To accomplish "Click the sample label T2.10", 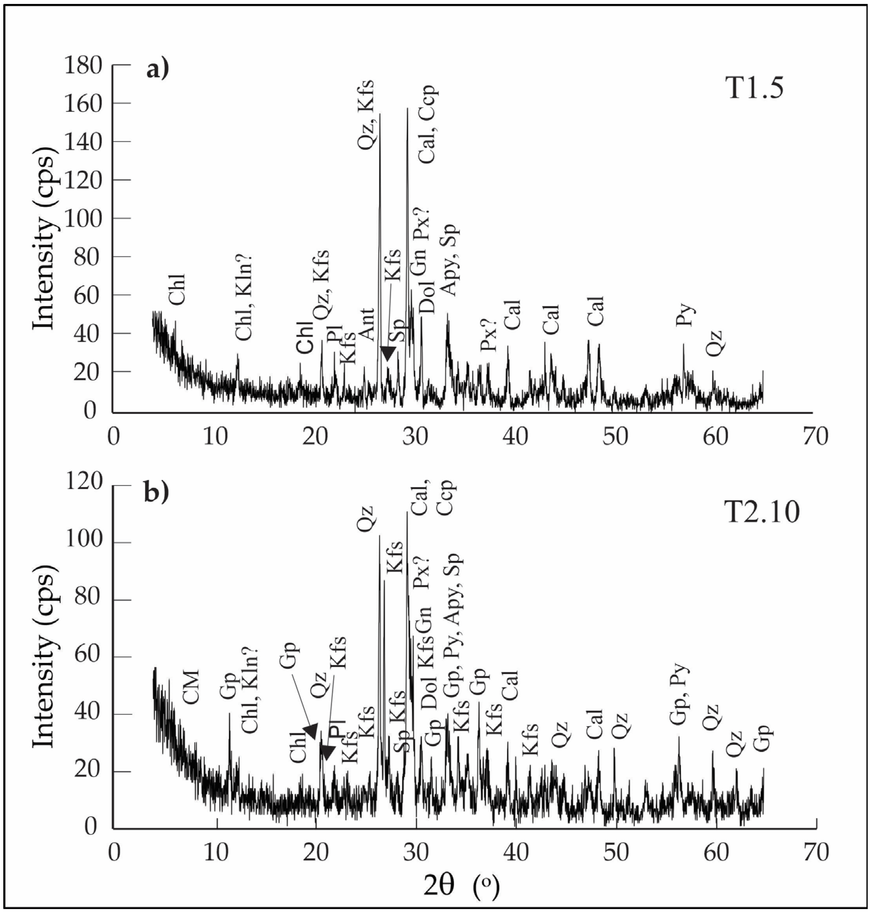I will [x=762, y=512].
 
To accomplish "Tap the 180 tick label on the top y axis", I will [x=83, y=66].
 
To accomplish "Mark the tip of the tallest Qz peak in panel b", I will [x=379, y=536].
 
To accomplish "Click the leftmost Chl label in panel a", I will [x=177, y=289].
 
